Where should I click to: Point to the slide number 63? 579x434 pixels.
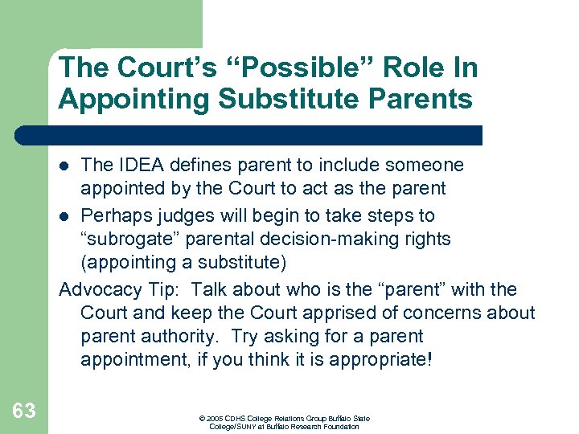pos(24,411)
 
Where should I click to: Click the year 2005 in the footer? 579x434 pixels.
pos(214,419)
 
